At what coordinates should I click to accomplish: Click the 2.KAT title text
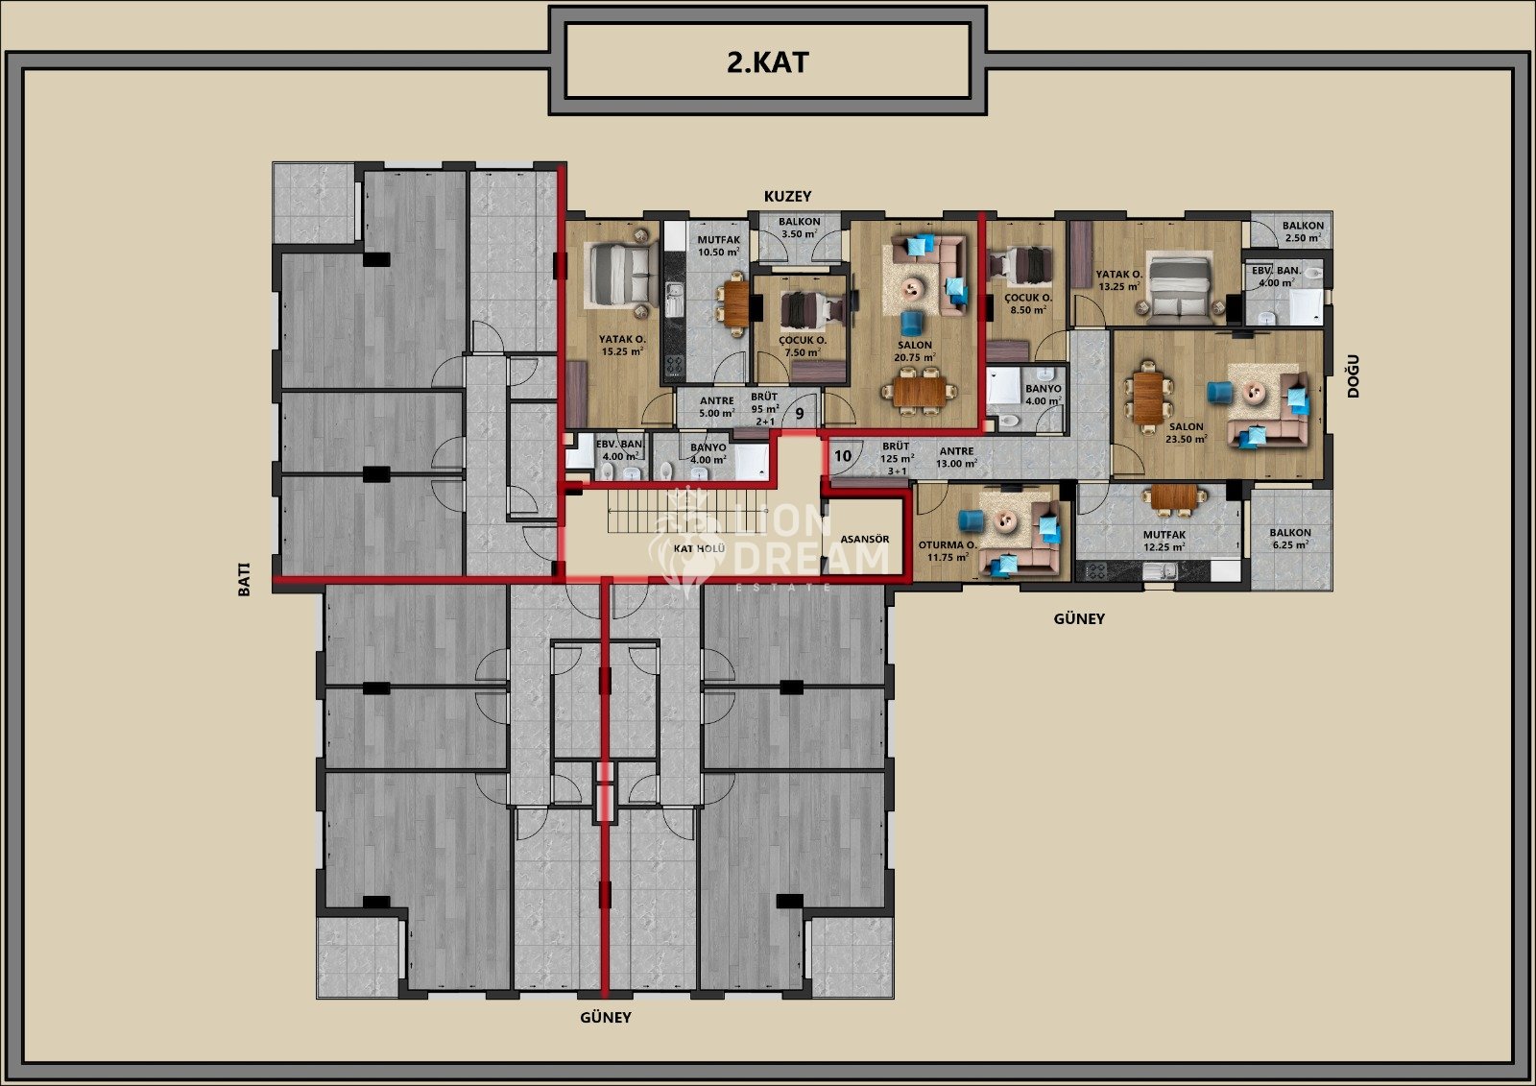pyautogui.click(x=767, y=62)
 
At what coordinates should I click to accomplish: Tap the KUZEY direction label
pyautogui.click(x=788, y=196)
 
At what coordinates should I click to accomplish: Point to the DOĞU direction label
pyautogui.click(x=1353, y=376)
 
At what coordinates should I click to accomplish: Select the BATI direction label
pyautogui.click(x=244, y=579)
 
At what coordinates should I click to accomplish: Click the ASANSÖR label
pyautogui.click(x=864, y=540)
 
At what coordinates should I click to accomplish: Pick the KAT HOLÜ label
pyautogui.click(x=699, y=548)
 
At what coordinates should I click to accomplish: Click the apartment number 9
pyautogui.click(x=800, y=414)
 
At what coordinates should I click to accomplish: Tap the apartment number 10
pyautogui.click(x=843, y=455)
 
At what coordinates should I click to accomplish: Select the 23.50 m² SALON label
pyautogui.click(x=1187, y=433)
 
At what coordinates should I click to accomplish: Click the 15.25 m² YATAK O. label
pyautogui.click(x=622, y=345)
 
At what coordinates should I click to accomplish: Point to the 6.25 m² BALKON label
pyautogui.click(x=1290, y=539)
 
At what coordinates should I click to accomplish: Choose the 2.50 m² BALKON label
pyautogui.click(x=1303, y=231)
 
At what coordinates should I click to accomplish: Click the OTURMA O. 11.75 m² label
pyautogui.click(x=948, y=551)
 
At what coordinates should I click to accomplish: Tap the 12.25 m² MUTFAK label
pyautogui.click(x=1164, y=541)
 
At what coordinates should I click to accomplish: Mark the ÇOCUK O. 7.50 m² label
pyautogui.click(x=803, y=347)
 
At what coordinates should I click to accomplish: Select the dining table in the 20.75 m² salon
pyautogui.click(x=920, y=392)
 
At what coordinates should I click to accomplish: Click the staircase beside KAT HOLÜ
pyautogui.click(x=687, y=511)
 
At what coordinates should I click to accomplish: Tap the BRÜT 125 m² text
pyautogui.click(x=898, y=452)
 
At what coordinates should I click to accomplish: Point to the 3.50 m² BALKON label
pyautogui.click(x=800, y=227)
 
